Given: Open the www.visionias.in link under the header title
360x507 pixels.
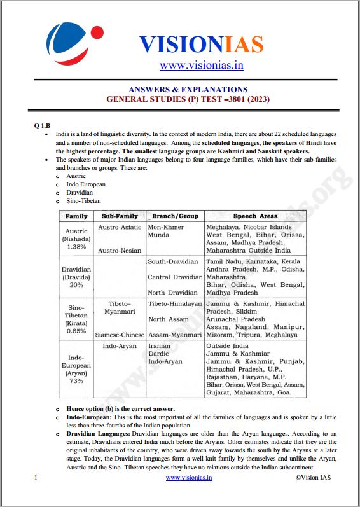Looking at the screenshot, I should pyautogui.click(x=201, y=65).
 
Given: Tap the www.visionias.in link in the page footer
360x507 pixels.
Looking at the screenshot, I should pyautogui.click(x=189, y=477).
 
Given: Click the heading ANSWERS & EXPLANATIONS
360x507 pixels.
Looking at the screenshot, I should pyautogui.click(x=188, y=90).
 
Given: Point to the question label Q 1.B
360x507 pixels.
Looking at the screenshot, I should pyautogui.click(x=43, y=125).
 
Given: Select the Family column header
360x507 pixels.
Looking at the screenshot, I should pyautogui.click(x=76, y=216).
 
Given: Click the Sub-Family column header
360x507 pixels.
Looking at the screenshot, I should pyautogui.click(x=120, y=216).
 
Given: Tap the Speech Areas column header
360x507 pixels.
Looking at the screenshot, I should pyautogui.click(x=255, y=216).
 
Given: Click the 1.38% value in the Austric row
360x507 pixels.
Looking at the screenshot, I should pyautogui.click(x=76, y=246).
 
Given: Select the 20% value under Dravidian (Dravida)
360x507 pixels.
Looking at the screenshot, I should pyautogui.click(x=76, y=285).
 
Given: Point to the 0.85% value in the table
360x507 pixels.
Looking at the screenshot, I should pyautogui.click(x=76, y=331).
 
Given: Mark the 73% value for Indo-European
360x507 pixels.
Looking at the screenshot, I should pyautogui.click(x=76, y=381).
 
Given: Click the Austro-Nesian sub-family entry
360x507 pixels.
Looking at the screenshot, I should pyautogui.click(x=120, y=251).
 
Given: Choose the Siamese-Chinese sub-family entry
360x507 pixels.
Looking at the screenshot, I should pyautogui.click(x=120, y=335).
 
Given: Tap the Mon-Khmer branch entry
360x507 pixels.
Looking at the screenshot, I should pyautogui.click(x=165, y=227).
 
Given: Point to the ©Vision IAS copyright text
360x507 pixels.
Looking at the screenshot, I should pyautogui.click(x=314, y=477).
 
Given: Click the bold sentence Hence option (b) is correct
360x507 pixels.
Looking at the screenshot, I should pyautogui.click(x=120, y=408).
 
